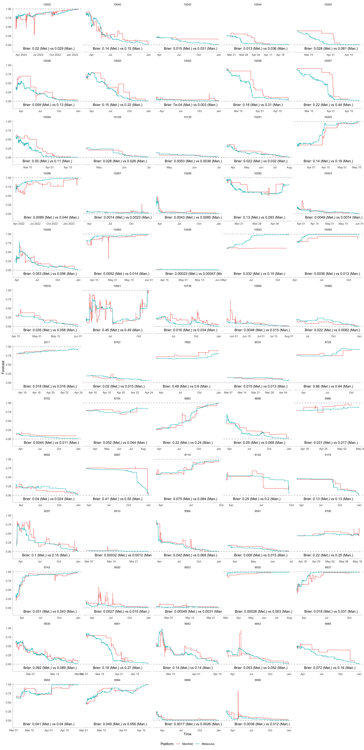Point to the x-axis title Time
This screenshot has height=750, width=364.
187,734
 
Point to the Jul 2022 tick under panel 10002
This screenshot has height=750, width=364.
38,55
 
